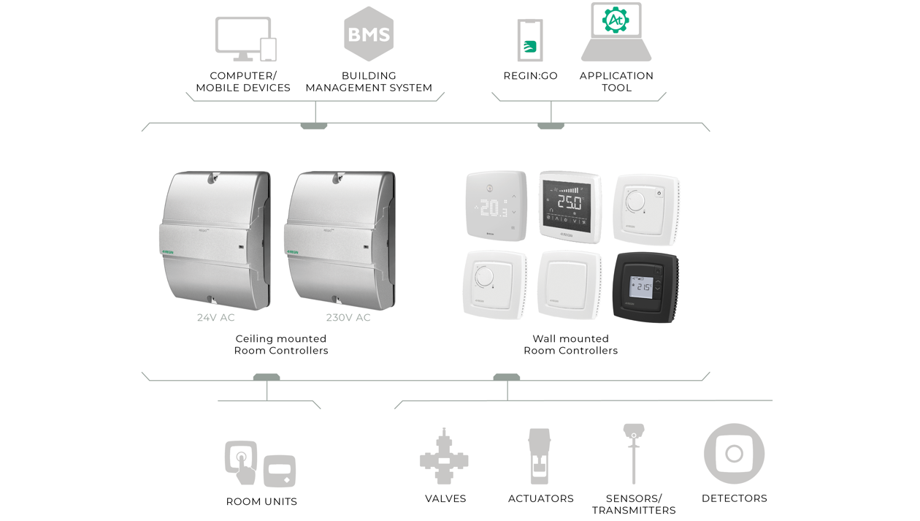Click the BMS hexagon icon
point(369,34)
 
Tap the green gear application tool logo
point(616,20)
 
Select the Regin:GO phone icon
point(530,41)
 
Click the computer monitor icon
point(244,38)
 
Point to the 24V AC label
point(216,318)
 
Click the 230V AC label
point(348,318)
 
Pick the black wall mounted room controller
point(645,286)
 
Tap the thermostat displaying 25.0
point(570,206)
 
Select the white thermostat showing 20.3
point(497,206)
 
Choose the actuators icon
point(540,457)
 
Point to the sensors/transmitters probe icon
point(634,453)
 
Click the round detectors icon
point(734,454)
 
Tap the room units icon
point(260,463)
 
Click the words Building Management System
point(369,82)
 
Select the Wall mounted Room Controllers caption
point(570,345)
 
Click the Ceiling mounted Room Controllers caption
point(281,345)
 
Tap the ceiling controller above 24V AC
point(215,240)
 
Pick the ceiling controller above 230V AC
point(340,240)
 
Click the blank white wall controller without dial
point(570,285)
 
